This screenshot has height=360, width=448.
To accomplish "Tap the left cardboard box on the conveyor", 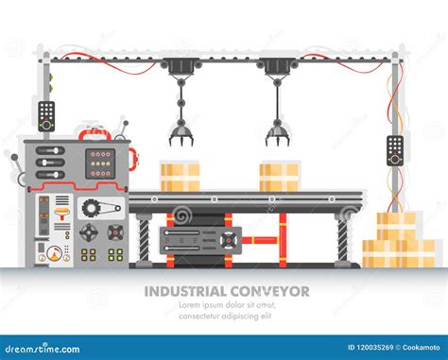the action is (180, 177).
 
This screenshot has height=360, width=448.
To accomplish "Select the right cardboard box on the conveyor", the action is (279, 177).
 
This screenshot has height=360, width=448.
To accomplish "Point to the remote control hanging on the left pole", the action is (46, 115).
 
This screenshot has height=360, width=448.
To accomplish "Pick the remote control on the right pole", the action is (395, 149).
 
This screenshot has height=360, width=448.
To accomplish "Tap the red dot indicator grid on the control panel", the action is (99, 163).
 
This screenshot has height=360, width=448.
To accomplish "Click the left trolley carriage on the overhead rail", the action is (180, 66).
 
